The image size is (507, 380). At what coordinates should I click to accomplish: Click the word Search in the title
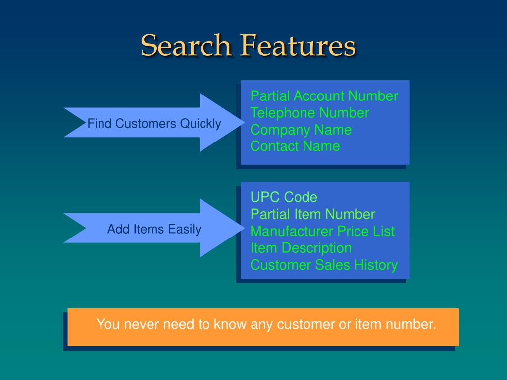click(186, 46)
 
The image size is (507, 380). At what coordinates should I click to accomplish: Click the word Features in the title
click(299, 46)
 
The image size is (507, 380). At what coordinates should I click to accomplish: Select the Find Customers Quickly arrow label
click(154, 123)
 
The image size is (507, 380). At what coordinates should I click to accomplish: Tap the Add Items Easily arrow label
click(154, 229)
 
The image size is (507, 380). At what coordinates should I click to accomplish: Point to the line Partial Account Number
click(324, 96)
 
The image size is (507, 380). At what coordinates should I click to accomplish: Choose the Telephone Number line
click(309, 113)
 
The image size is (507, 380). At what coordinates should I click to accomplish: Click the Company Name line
click(301, 130)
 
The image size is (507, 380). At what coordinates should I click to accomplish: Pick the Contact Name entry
click(295, 146)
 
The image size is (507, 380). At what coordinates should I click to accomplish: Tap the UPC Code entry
click(284, 197)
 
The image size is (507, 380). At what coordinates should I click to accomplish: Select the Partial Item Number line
click(312, 214)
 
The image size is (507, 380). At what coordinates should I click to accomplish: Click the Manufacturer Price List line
click(322, 231)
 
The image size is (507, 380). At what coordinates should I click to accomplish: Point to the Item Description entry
click(301, 248)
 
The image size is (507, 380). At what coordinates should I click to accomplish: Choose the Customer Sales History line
click(324, 265)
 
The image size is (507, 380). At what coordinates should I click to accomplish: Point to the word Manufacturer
click(292, 231)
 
